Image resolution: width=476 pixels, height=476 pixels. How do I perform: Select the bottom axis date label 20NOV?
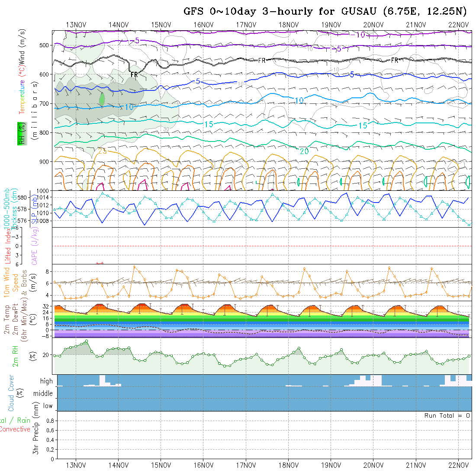[373, 465]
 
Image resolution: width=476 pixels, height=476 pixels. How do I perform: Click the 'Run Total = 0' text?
[447, 415]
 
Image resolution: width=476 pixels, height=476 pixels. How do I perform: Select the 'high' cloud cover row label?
[46, 381]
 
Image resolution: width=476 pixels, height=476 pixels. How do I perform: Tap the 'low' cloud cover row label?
[48, 406]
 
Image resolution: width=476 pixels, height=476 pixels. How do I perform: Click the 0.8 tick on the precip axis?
[49, 421]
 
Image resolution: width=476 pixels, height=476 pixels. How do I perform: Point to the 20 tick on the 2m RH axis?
[45, 355]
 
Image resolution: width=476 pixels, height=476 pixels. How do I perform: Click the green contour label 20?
[304, 151]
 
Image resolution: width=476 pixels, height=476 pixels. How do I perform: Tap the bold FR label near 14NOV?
[134, 75]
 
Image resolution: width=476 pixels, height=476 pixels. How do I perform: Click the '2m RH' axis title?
[15, 356]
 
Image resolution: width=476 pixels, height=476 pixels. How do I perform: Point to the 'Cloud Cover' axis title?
[11, 392]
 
